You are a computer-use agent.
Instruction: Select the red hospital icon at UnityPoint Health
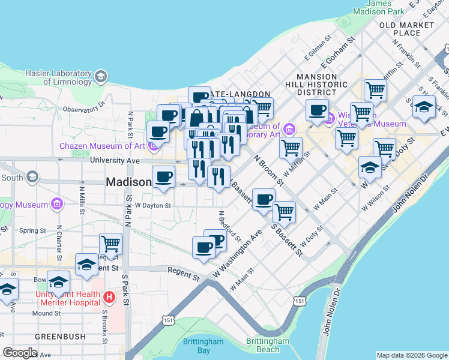(109, 296)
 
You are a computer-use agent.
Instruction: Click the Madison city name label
(128, 182)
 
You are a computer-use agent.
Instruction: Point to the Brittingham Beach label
(262, 346)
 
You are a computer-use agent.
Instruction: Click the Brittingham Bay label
(203, 346)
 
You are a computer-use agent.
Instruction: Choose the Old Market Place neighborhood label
(406, 29)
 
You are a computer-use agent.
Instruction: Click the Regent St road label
(184, 275)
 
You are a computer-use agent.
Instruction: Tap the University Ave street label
(114, 160)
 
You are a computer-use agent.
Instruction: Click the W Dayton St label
(152, 205)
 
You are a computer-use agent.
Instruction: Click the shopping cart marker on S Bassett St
(283, 211)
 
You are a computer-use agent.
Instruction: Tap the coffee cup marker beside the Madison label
(163, 176)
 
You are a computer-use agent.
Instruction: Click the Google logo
(19, 353)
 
